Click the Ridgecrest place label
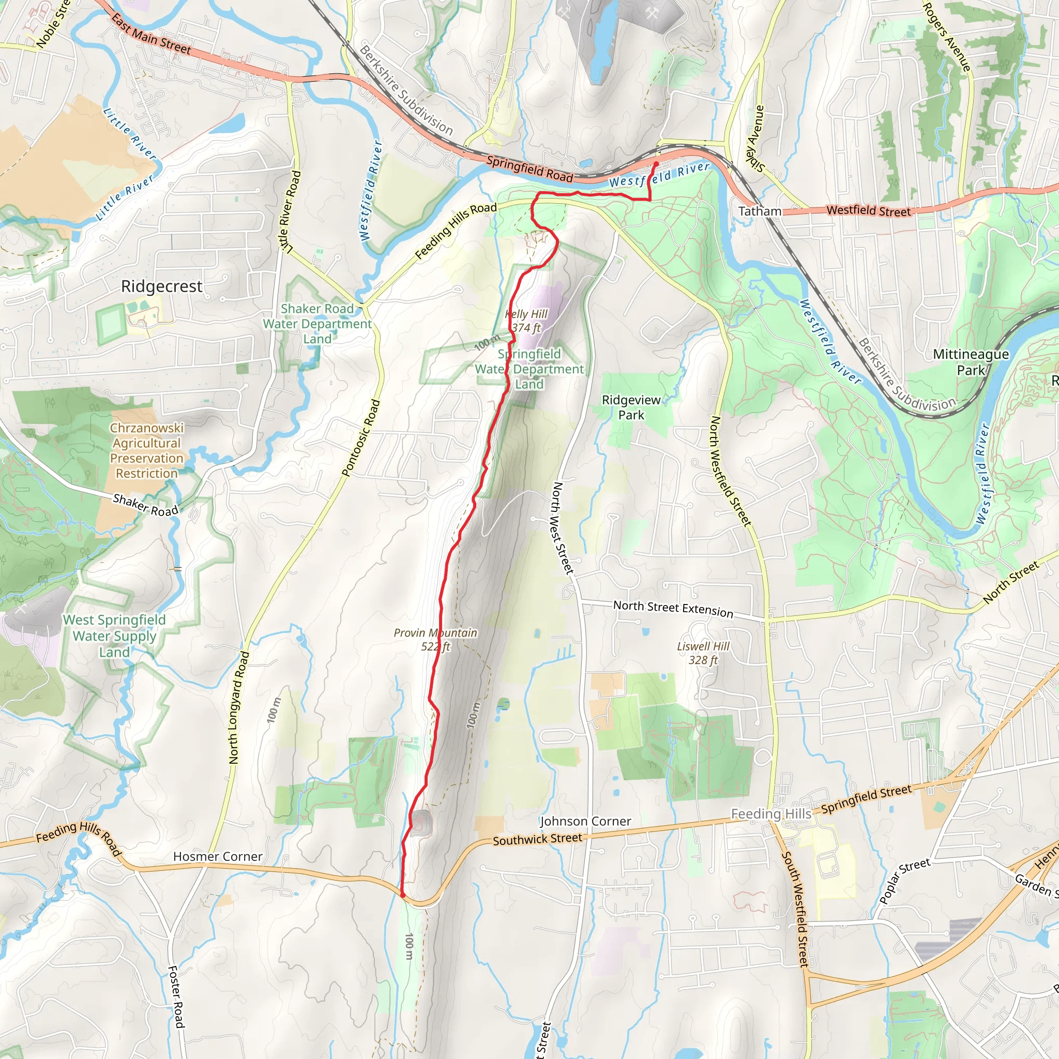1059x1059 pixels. [162, 286]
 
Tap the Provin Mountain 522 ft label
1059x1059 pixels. [435, 640]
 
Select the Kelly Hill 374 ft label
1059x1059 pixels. [526, 321]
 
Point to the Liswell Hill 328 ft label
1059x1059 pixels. [703, 653]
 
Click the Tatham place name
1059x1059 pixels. [760, 211]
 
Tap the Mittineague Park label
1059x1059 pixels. [971, 362]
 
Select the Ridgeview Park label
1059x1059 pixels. [631, 407]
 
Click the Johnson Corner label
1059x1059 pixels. [585, 821]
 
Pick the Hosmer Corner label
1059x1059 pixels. [218, 856]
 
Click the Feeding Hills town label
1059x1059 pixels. [771, 814]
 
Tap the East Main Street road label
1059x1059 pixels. [152, 35]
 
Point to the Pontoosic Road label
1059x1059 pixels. [361, 438]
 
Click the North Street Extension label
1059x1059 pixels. [673, 609]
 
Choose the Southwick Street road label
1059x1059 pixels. [537, 839]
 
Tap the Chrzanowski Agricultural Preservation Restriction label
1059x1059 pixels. [147, 450]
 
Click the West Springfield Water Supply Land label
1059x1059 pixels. [114, 636]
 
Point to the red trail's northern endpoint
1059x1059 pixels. [656, 163]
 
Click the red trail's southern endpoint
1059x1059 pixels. [403, 896]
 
